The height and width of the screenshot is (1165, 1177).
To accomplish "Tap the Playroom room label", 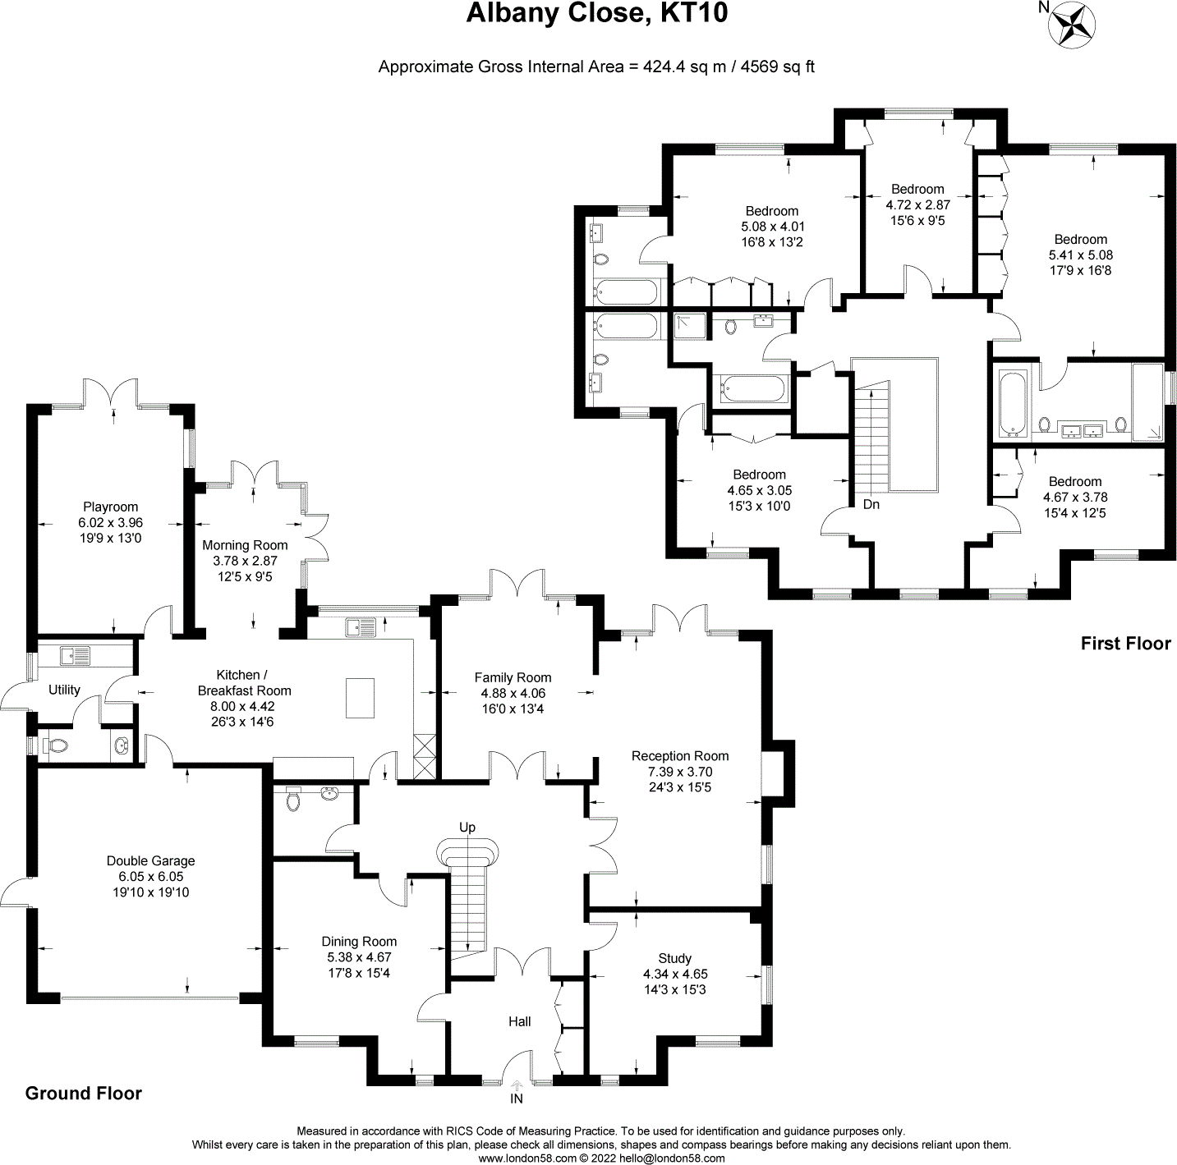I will pos(110,507).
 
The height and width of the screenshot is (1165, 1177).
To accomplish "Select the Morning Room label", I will pos(245,545).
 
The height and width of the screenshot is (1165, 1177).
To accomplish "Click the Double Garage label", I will pos(150,860).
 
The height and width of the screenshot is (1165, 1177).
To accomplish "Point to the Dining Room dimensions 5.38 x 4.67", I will pos(359,957).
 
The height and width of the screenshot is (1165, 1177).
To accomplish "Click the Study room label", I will pos(674,958).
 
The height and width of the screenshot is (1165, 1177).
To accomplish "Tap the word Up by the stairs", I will pos(467,827).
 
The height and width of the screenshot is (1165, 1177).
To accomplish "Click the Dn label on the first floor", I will pos(871,504).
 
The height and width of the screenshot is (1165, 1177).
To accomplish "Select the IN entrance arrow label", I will pos(517,1098).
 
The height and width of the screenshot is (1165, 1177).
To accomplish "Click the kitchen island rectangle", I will pos(359,697).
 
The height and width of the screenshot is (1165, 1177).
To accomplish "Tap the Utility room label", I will pos(64,690).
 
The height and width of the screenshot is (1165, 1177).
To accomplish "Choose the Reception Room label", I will pos(679,756).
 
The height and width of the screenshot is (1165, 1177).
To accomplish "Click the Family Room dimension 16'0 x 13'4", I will pos(513,709).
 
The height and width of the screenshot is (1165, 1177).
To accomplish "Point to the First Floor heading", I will pos(1125,644).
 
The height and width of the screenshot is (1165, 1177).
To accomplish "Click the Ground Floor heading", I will pos(84,1094).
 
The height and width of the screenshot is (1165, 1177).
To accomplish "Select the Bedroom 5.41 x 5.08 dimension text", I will pos(1081,255).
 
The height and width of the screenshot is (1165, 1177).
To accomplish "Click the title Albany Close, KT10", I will pos(596,14).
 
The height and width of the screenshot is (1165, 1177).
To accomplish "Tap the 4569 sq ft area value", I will pos(777,67).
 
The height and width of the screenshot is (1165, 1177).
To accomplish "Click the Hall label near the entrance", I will pos(519,1021).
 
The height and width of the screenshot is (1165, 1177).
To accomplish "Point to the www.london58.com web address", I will pos(527,1158).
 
